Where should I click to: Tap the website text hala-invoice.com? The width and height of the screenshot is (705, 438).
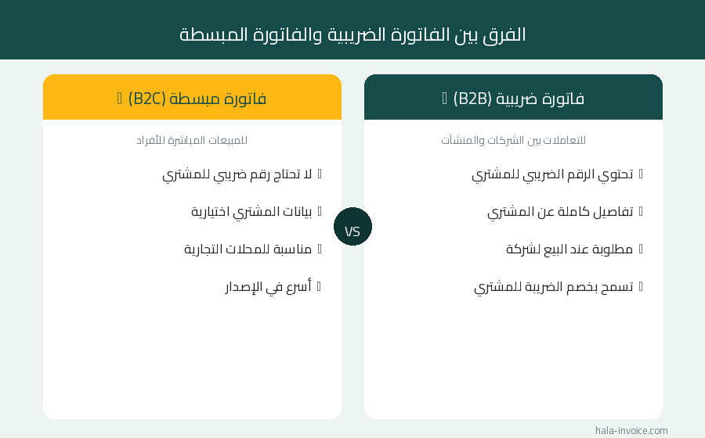[631, 430]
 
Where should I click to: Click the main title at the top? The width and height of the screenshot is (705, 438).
[352, 34]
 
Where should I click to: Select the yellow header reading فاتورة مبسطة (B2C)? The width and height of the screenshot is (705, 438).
[192, 98]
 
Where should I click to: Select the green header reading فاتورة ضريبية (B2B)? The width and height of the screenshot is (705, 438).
[513, 98]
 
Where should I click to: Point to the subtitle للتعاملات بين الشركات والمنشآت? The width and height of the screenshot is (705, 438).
[513, 141]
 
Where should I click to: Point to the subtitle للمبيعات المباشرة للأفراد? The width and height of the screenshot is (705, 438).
[192, 141]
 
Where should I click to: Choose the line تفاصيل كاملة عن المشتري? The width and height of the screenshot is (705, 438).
[560, 211]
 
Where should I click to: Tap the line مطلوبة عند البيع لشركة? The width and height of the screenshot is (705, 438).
[569, 249]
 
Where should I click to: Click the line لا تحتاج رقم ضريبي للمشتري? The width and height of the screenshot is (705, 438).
[237, 174]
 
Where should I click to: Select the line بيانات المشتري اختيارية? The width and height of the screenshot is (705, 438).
[251, 211]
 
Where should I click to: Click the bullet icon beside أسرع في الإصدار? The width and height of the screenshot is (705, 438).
[320, 286]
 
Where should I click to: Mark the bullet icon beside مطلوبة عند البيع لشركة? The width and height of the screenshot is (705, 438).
[641, 249]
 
